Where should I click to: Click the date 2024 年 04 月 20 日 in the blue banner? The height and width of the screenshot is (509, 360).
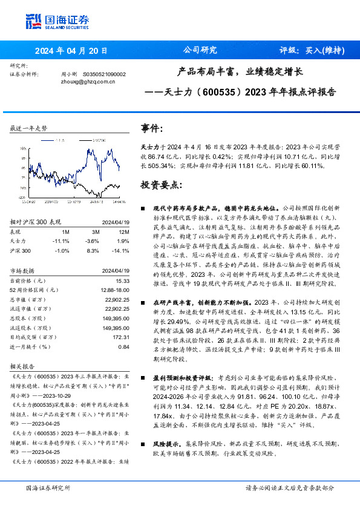[71, 50]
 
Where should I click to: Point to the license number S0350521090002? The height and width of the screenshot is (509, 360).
[104, 74]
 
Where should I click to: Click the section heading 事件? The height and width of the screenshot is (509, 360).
[152, 128]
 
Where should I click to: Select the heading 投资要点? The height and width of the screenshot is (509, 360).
[161, 184]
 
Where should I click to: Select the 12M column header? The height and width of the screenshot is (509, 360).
[124, 230]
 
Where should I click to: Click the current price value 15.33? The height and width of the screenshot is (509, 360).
[123, 280]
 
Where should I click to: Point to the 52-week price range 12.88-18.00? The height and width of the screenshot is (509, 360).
[114, 290]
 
